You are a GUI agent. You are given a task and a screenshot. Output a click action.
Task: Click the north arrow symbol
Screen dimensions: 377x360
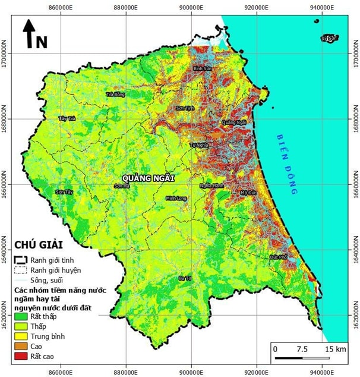coord(28,34)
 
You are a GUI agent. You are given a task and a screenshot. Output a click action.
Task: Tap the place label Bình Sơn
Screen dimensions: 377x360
coord(203,69)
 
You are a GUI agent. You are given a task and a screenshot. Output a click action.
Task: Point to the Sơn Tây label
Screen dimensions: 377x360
coord(64,192)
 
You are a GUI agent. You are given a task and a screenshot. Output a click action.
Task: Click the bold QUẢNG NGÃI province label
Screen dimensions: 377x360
coord(148,177)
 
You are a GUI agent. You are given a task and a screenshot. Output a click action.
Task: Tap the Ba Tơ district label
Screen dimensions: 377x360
coord(185,278)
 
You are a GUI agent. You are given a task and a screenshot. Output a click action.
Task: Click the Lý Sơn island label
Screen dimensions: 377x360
coord(329,39)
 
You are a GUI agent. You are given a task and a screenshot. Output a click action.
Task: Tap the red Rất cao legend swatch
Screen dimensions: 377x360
coord(20,355)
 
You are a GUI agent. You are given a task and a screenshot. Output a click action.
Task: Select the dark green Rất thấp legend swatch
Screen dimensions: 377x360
coord(20,317)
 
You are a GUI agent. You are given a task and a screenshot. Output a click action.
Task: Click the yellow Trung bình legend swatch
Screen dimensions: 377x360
coord(20,336)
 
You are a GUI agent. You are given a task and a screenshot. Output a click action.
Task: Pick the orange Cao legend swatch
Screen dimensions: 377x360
coord(20,345)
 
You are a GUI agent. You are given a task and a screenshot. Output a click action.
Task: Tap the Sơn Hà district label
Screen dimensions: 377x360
coord(122,186)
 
